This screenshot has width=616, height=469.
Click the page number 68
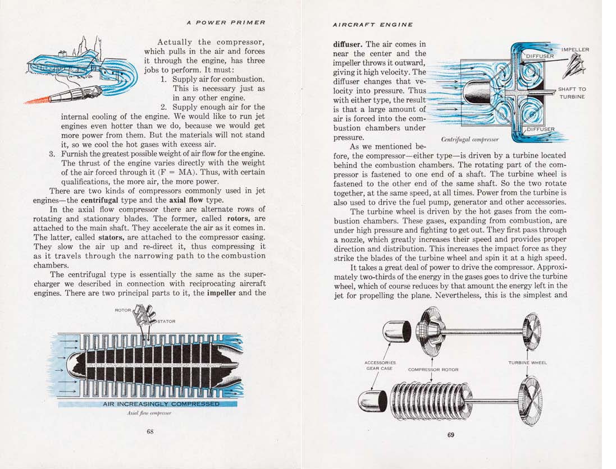(x=150, y=431)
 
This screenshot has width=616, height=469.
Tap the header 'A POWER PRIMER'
(x=226, y=22)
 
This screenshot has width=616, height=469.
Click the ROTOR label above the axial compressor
(x=122, y=310)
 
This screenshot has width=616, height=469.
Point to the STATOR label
(x=166, y=321)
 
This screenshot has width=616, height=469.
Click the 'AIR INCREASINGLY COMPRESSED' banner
(x=161, y=404)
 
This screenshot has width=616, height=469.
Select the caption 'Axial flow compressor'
(x=149, y=413)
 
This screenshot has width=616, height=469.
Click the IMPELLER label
(x=575, y=49)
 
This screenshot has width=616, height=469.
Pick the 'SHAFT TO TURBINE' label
(x=572, y=93)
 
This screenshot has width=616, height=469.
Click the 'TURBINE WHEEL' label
(x=527, y=362)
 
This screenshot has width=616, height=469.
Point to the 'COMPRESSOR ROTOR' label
(x=433, y=370)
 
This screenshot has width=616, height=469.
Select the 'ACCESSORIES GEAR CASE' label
(x=380, y=366)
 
